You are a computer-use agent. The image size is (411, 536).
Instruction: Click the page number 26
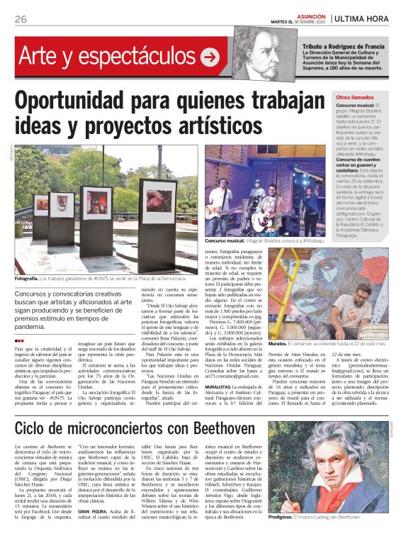(21, 19)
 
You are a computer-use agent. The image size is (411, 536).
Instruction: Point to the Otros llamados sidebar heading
(355, 96)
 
